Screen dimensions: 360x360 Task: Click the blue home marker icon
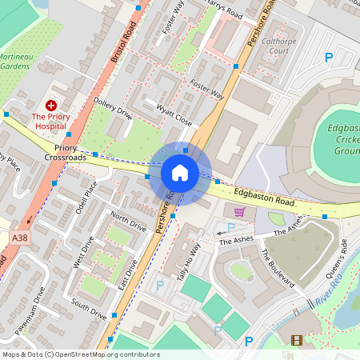[180, 173]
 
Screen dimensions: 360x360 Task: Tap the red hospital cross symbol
[51, 105]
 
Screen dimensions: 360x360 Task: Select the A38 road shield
[19, 237]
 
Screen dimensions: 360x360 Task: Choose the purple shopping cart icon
[239, 212]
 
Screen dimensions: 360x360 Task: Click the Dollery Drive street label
[113, 107]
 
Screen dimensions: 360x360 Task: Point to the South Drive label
[89, 308]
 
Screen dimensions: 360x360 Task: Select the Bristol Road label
[125, 41]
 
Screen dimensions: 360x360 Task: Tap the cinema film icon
[298, 341]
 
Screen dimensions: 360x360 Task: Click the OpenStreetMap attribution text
[81, 354]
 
